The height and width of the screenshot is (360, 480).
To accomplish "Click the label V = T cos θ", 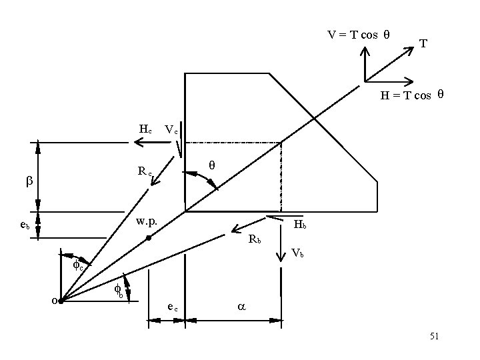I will tap(358, 35).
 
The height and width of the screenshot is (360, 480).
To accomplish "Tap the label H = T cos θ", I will tap(412, 95).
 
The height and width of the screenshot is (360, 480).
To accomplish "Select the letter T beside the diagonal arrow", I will tap(423, 44).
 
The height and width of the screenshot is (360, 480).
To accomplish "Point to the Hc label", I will tap(145, 129).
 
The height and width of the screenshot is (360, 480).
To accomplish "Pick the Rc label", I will tap(145, 171).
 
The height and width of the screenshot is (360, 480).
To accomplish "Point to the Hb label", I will tap(300, 225).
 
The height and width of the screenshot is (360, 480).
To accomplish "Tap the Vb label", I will tap(298, 253).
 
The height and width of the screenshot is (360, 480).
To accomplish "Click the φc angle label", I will tap(78, 265).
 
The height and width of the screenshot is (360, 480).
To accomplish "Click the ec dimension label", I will tap(172, 307).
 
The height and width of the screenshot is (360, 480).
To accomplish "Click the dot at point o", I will tap(61, 301).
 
